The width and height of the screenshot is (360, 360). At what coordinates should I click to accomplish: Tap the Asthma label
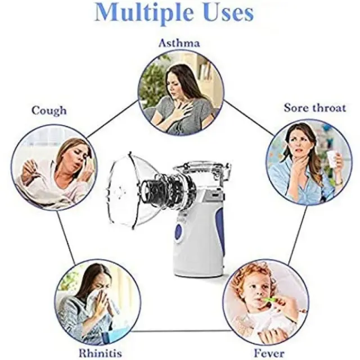[x=179, y=43]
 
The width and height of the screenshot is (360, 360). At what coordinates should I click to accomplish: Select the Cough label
[x=49, y=111]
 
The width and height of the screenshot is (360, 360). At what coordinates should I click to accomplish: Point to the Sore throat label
[x=315, y=108]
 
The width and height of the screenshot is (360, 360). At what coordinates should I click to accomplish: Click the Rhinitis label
[x=100, y=353]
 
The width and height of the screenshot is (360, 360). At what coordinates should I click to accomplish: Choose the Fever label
[x=269, y=353]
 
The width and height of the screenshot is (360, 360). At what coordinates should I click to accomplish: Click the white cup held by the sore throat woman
[x=331, y=159]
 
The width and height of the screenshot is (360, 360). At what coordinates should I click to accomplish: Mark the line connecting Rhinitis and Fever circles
[x=181, y=331]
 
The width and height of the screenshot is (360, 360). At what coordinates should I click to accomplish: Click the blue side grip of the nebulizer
[x=220, y=229]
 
